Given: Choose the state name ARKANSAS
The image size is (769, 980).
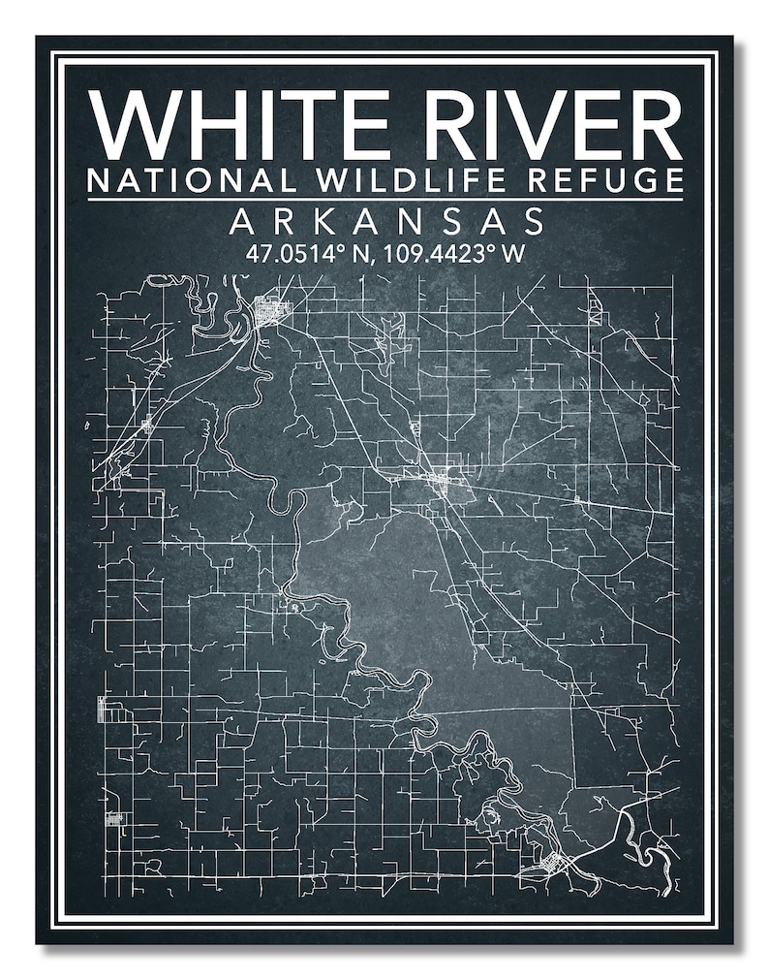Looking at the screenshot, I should click(x=386, y=223).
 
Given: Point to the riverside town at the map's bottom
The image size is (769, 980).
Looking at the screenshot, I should click(x=548, y=863).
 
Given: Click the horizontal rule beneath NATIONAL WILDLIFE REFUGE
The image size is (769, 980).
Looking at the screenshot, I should click(x=384, y=200).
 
